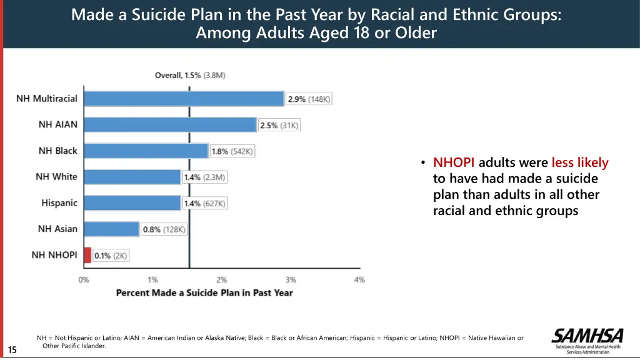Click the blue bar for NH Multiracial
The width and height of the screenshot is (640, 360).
(x=184, y=99)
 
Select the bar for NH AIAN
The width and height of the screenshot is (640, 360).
(x=170, y=125)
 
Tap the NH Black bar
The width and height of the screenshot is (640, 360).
(x=146, y=151)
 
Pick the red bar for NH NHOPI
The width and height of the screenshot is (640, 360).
(x=87, y=255)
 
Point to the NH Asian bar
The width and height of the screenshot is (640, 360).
(x=111, y=229)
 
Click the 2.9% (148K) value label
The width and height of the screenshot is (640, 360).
(x=309, y=99)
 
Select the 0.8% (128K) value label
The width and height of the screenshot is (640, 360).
(x=164, y=229)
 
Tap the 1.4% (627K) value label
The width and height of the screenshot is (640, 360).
(x=205, y=203)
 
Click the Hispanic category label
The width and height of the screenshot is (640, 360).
(x=59, y=203)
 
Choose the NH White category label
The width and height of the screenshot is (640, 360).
(x=56, y=177)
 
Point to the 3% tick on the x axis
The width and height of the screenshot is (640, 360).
(x=291, y=280)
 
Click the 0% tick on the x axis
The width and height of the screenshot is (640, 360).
(x=84, y=280)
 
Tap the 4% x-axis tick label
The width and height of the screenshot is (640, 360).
(x=359, y=280)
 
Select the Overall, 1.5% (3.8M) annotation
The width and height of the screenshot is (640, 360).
(x=190, y=76)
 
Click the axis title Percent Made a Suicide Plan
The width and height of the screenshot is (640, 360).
(x=204, y=292)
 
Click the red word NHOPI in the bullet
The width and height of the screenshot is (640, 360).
(x=454, y=163)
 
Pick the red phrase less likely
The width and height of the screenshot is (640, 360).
(x=579, y=163)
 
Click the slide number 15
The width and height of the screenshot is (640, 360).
(x=12, y=350)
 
